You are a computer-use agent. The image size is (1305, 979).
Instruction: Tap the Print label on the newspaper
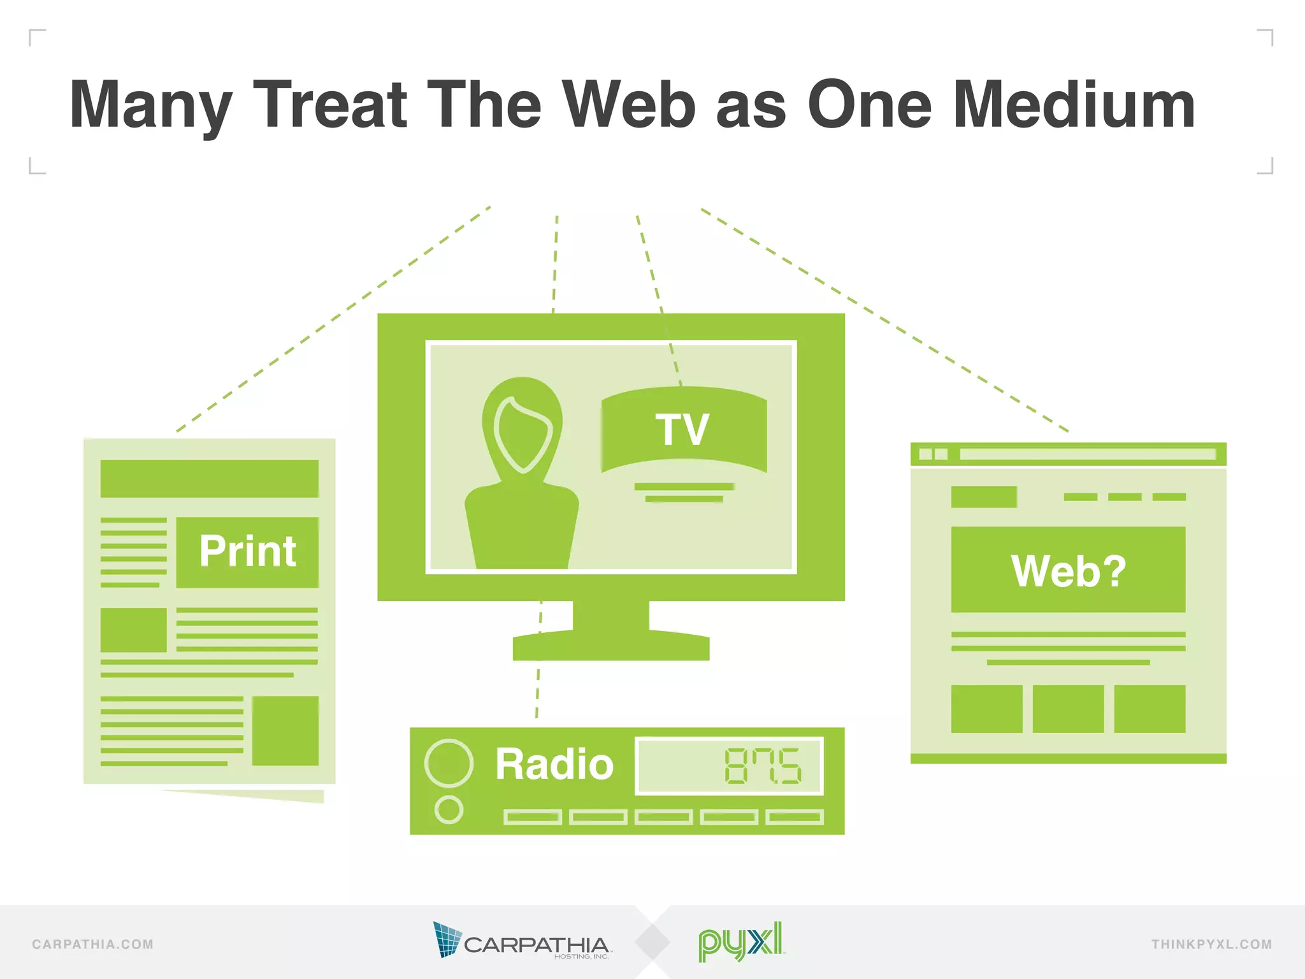247,551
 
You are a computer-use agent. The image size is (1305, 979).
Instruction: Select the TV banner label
683,430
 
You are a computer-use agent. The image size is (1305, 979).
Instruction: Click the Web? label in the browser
1068,570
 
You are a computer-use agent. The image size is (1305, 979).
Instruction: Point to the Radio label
554,764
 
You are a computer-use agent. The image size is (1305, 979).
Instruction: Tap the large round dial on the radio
449,763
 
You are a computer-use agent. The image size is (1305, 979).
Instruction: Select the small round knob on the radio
449,809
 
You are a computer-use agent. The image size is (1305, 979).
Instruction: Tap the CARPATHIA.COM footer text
93,945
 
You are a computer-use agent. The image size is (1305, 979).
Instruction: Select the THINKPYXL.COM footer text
1211,945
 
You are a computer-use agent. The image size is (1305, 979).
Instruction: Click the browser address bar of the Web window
1087,454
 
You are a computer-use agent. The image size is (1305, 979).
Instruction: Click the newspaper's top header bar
209,479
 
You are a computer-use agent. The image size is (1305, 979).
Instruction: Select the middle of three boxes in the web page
1068,709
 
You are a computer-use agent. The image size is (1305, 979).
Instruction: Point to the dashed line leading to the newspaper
331,319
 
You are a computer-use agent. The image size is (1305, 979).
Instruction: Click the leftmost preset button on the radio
532,817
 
